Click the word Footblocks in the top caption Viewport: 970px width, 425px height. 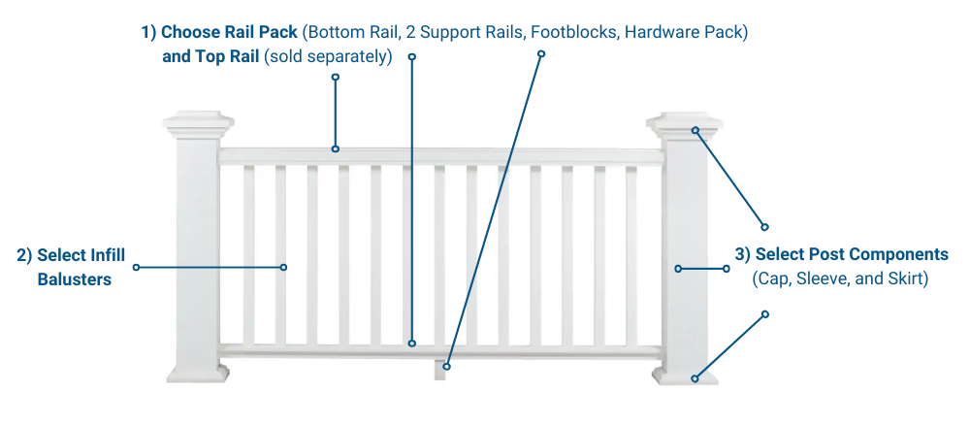[x=576, y=32]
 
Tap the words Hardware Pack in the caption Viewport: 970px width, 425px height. [x=686, y=32]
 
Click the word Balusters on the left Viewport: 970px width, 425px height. [x=75, y=279]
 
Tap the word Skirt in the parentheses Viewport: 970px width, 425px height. [x=908, y=279]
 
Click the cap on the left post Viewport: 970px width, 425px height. [x=199, y=125]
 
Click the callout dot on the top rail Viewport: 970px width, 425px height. [x=336, y=148]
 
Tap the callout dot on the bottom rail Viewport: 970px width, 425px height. [x=412, y=343]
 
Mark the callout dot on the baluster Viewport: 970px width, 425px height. [x=284, y=267]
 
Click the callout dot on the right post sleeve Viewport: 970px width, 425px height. [x=678, y=268]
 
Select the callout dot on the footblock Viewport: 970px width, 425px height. [x=447, y=366]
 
